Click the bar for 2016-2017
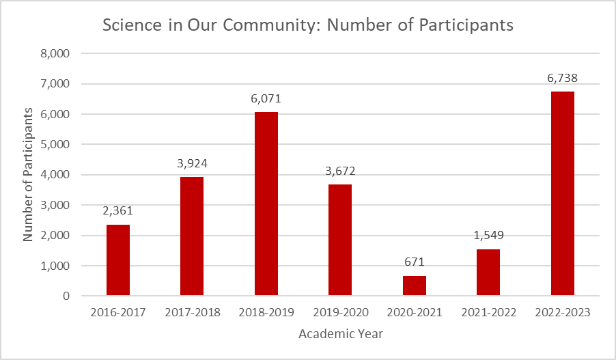click(118, 260)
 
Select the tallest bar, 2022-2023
click(563, 194)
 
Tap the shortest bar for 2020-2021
click(415, 286)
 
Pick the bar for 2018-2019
click(266, 204)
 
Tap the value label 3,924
click(192, 163)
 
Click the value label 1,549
click(488, 236)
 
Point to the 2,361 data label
click(118, 211)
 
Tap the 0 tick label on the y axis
click(66, 296)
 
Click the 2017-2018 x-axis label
click(193, 312)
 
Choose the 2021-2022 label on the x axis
click(488, 312)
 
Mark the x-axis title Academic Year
click(340, 334)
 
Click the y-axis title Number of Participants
click(29, 174)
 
